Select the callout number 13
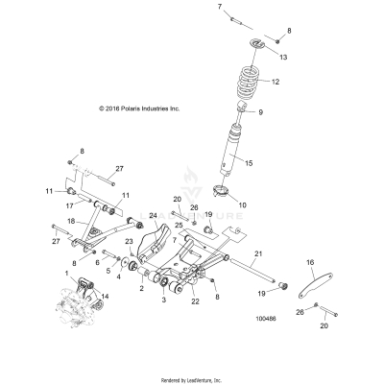282,59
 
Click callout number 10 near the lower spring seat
268,205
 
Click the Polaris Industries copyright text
138,109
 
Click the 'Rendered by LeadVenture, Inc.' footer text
191,379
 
